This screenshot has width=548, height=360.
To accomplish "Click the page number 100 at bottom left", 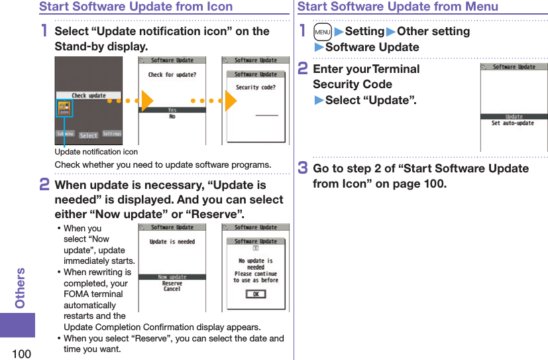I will tap(21, 353).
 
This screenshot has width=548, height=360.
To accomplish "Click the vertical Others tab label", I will tap(21, 288).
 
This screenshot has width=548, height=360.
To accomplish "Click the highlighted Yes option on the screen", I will tap(172, 110).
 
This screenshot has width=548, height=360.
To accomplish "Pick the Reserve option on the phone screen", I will tap(172, 283).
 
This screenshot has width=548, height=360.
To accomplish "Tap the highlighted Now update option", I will tap(172, 277).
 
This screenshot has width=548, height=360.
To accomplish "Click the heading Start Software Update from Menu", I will tap(398, 7).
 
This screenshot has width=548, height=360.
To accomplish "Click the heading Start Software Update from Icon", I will tap(136, 7).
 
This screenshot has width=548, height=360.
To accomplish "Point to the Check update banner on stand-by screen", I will tap(88, 95).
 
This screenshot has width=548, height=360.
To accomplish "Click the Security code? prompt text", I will tap(255, 87).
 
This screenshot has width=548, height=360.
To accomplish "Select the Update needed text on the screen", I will tap(172, 242).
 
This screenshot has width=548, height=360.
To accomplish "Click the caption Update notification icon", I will tap(96, 152).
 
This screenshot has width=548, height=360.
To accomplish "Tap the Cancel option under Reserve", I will tap(172, 289).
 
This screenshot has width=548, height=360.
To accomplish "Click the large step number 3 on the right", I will tap(303, 168).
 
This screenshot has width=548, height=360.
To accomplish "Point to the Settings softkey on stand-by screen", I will tap(112, 134).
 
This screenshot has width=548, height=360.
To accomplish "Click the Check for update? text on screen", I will tap(172, 75).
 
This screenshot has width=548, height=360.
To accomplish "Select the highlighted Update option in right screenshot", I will tap(514, 117).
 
